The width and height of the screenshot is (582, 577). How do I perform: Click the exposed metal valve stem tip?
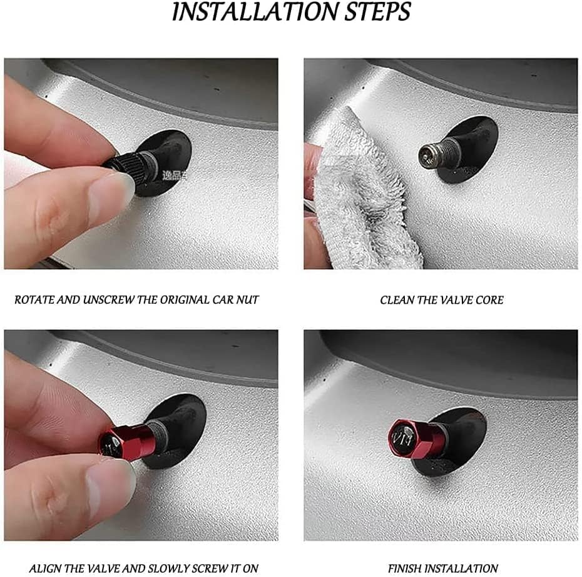pos(428,154)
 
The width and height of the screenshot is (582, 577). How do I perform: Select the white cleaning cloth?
pos(363,194)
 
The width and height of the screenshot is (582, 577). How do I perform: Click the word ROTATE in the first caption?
pos(34,300)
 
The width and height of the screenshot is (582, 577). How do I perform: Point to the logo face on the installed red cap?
pos(403,435)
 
